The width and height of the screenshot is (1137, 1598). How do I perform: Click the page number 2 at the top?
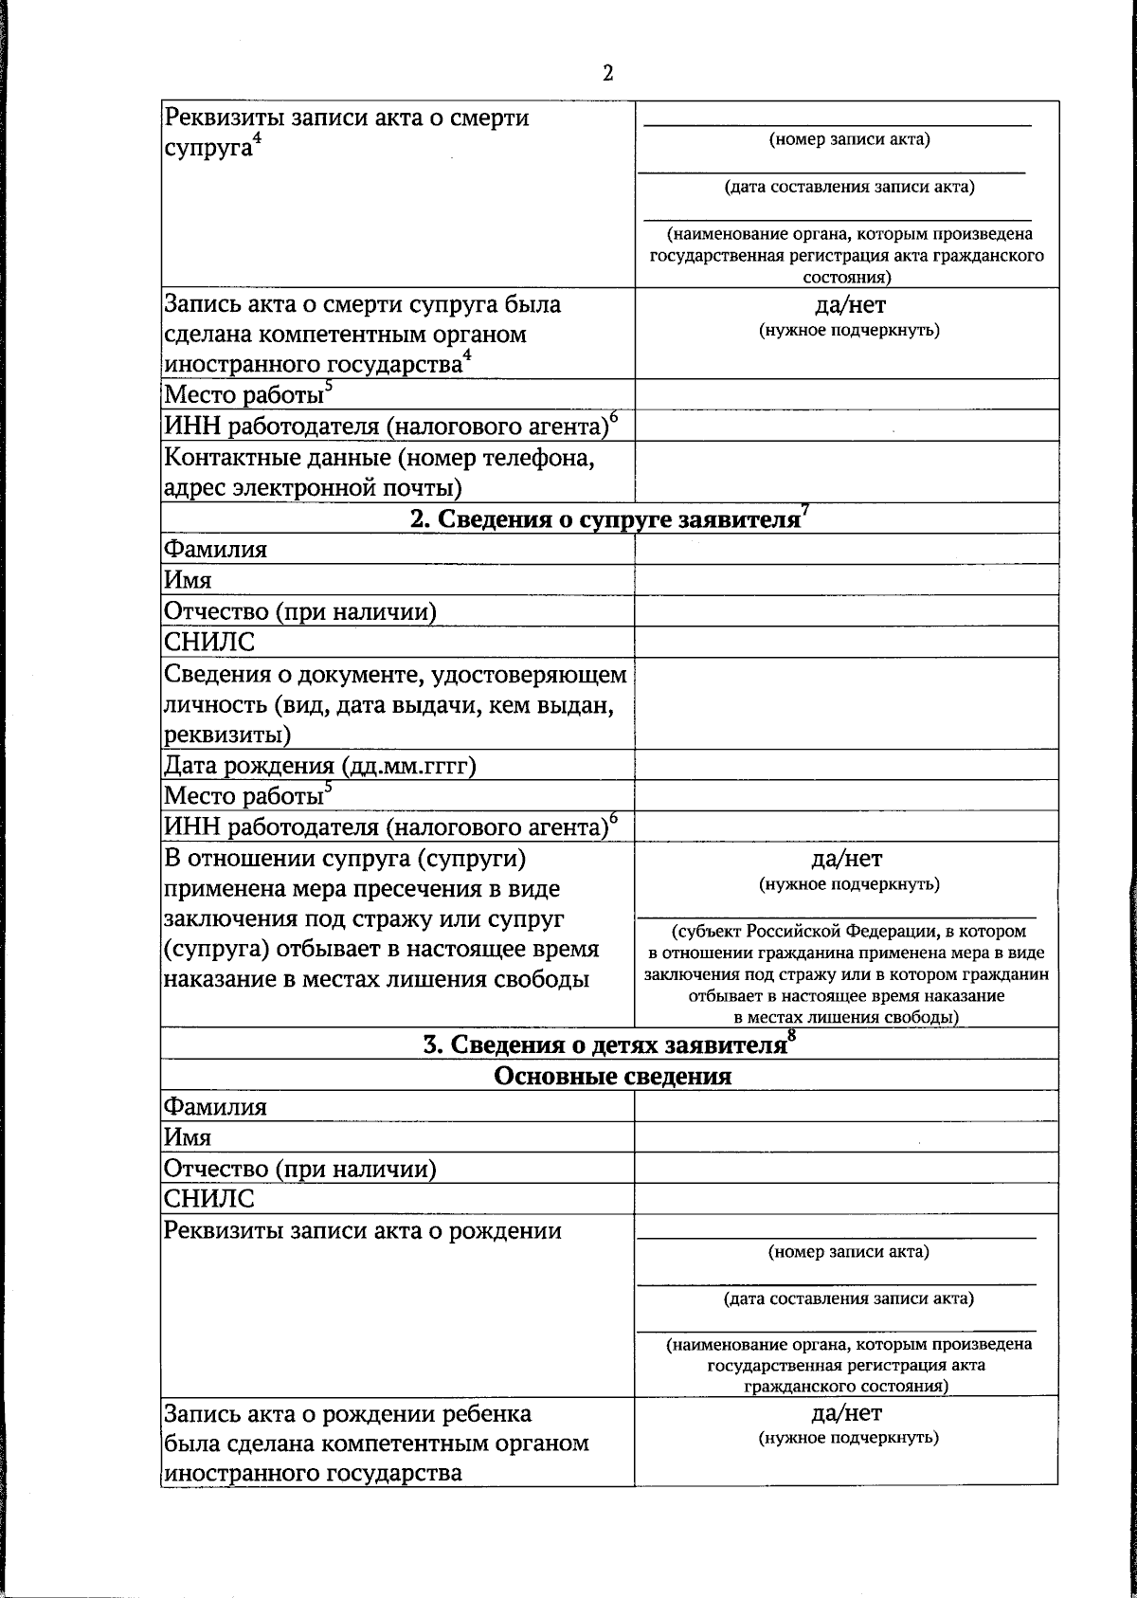point(607,74)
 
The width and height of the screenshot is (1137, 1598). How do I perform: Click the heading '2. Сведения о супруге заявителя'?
point(605,519)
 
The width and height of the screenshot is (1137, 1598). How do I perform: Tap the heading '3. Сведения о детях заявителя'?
point(603,1045)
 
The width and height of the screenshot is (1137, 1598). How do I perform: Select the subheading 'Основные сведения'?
point(613,1077)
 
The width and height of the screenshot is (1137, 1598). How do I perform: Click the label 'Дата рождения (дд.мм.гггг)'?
point(319,765)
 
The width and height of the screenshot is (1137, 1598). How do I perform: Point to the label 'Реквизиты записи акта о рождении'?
point(363,1231)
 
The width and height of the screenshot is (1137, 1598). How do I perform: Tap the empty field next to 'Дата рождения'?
point(846,765)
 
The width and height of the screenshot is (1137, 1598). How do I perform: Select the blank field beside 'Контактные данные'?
point(846,472)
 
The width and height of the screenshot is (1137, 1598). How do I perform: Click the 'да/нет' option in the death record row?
point(849,305)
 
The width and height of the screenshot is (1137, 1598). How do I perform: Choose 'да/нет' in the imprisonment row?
point(846,859)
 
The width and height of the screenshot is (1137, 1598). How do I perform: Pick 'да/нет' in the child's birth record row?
point(846,1413)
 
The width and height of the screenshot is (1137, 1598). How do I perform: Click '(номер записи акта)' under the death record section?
point(849,140)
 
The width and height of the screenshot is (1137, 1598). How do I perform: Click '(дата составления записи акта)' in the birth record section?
point(848,1298)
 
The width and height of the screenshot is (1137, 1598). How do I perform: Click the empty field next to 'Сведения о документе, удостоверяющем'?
point(846,703)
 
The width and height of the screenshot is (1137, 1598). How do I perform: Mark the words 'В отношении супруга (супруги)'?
point(345,859)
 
